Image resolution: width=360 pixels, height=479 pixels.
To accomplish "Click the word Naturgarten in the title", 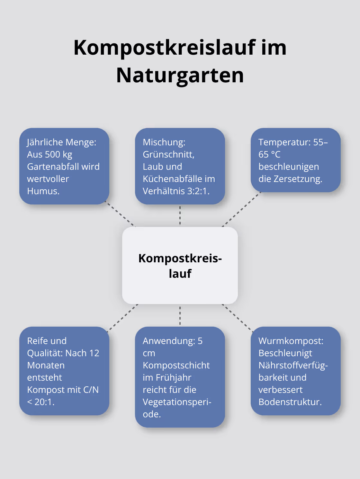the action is pyautogui.click(x=180, y=75).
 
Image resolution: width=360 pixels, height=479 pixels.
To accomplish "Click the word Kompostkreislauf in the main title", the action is pyautogui.click(x=164, y=48).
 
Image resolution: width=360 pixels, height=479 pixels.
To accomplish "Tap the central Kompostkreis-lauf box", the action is pyautogui.click(x=180, y=266).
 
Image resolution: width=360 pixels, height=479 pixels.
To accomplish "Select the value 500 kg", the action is pyautogui.click(x=59, y=155).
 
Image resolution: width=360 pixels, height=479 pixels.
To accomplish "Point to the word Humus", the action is pyautogui.click(x=43, y=191).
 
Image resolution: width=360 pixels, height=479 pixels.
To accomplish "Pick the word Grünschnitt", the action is pyautogui.click(x=168, y=155).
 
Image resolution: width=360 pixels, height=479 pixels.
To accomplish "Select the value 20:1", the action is pyautogui.click(x=44, y=402).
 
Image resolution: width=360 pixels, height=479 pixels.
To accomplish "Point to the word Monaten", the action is pyautogui.click(x=46, y=366).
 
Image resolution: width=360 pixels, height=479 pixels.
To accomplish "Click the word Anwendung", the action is pyautogui.click(x=168, y=341).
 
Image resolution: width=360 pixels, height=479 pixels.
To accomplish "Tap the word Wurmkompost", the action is pyautogui.click(x=291, y=341).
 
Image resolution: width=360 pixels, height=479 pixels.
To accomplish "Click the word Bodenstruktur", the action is pyautogui.click(x=290, y=402).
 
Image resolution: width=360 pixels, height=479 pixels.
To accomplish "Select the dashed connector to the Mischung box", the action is pyautogui.click(x=180, y=215).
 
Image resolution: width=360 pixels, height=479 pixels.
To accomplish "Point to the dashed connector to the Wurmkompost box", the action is pyautogui.click(x=238, y=318).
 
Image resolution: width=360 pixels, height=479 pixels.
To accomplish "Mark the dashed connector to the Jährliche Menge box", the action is pyautogui.click(x=121, y=215).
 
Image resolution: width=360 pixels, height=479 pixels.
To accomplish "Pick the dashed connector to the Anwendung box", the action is pyautogui.click(x=180, y=316).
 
